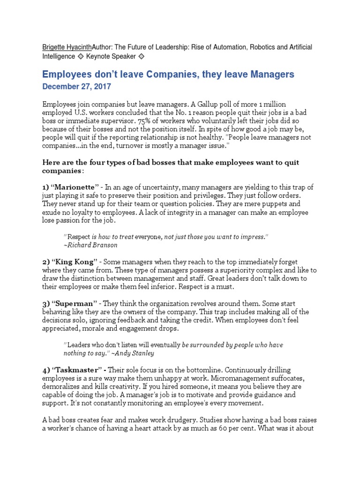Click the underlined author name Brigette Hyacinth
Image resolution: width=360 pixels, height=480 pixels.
[x=67, y=47]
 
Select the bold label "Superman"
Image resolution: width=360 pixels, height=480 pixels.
[x=72, y=304]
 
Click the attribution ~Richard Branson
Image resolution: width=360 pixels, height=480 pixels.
[x=90, y=245]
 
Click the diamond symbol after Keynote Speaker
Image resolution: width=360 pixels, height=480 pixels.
[x=142, y=56]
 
